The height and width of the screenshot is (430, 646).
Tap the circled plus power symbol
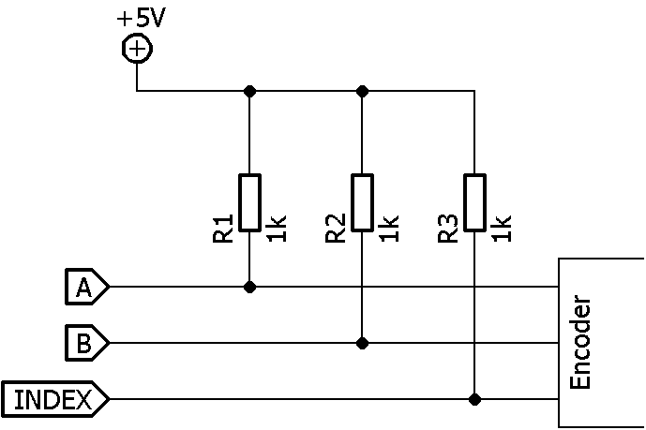[137, 49]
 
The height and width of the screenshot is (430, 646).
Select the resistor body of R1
[249, 201]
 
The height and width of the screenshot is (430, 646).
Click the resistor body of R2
[363, 201]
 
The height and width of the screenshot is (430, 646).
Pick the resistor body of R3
[475, 201]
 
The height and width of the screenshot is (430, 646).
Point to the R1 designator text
[223, 230]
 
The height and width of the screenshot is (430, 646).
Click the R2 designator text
[336, 230]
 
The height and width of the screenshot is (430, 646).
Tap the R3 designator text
[448, 230]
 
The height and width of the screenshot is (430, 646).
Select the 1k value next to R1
[277, 230]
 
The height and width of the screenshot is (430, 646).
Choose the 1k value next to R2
[390, 230]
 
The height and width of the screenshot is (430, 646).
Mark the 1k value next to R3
[503, 230]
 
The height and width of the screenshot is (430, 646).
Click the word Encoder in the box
[581, 344]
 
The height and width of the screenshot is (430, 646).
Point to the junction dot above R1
[249, 91]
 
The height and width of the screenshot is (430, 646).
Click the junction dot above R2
[363, 91]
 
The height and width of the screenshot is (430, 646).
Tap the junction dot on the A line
[249, 288]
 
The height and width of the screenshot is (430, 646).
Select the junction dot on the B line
[363, 344]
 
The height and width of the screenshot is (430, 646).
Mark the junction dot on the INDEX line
[475, 400]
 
